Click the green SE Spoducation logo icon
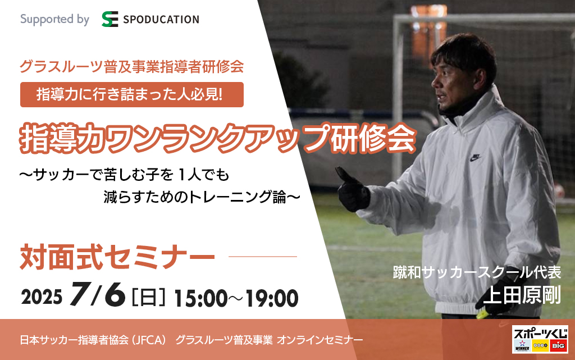[109, 19]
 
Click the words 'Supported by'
[54, 19]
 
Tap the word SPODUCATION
[161, 20]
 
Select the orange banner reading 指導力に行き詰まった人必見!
[131, 94]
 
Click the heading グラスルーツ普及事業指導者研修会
[131, 66]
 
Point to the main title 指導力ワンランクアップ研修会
[218, 139]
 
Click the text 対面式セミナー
[117, 257]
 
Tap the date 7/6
[98, 294]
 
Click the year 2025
[42, 297]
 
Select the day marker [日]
[148, 297]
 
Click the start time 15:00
[200, 298]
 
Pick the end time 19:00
[272, 298]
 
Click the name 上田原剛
[522, 295]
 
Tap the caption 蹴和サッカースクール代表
[477, 272]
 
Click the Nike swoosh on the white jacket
[475, 158]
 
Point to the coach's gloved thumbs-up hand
[353, 189]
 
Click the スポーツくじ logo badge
[540, 339]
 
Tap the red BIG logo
[559, 345]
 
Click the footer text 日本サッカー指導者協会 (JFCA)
[93, 340]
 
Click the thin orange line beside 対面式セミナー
[263, 257]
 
